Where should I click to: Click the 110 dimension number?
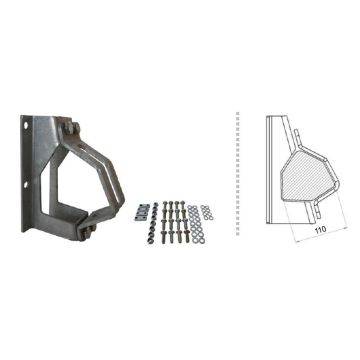(318, 230)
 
